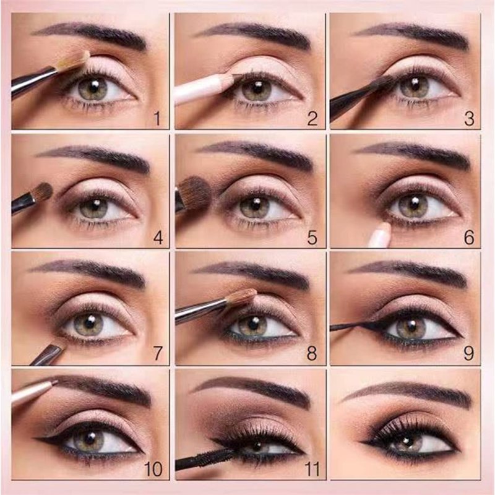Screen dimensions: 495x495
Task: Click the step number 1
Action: (x=157, y=119)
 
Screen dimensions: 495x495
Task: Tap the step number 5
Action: (x=312, y=238)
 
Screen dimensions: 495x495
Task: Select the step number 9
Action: (x=468, y=353)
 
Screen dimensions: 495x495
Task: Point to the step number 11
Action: (x=312, y=469)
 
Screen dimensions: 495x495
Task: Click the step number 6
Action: (x=469, y=238)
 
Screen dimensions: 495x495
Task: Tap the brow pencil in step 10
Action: (x=34, y=392)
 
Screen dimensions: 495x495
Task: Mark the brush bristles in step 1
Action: (x=74, y=61)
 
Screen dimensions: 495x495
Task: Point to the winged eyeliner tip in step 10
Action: (x=35, y=438)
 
